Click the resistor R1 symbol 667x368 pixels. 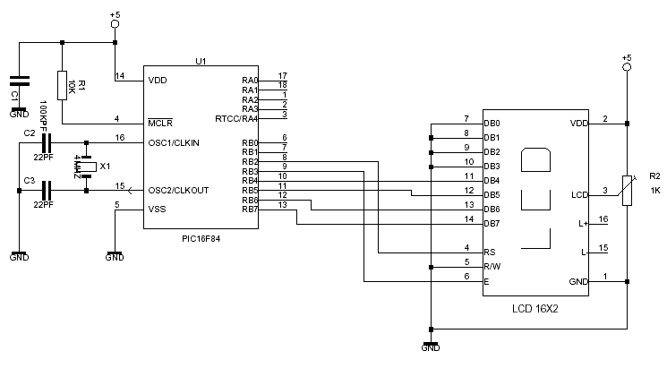tap(62, 85)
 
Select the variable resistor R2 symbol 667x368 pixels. tap(629, 191)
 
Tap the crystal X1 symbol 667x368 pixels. tap(86, 167)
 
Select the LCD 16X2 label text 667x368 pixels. tap(535, 309)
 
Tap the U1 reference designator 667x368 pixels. tap(201, 61)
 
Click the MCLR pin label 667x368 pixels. tap(161, 123)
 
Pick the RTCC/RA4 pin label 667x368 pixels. tap(236, 118)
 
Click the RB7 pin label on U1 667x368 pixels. tap(249, 210)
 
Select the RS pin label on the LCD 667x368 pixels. tap(489, 252)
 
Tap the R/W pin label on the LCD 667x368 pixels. tap(491, 267)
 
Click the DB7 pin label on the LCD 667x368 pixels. tap(492, 224)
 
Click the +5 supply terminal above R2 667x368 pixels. tap(627, 66)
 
